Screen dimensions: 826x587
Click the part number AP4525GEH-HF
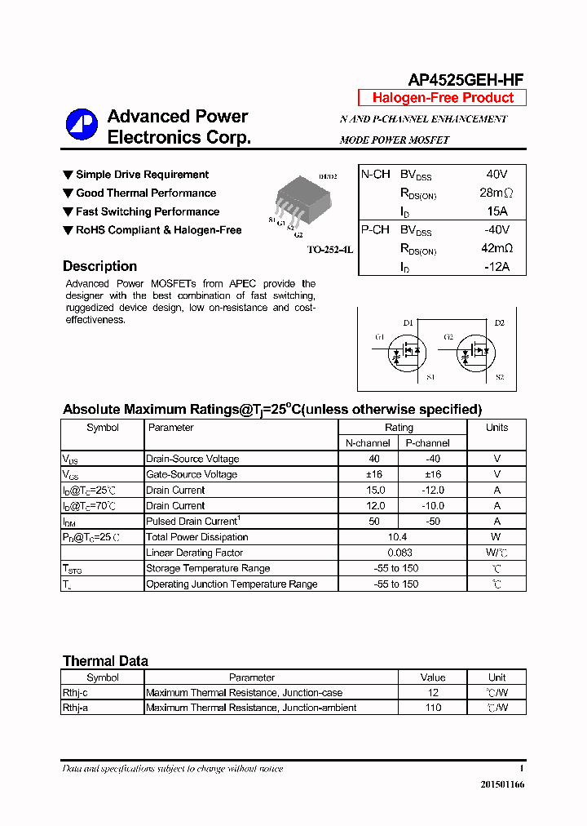pos(466,79)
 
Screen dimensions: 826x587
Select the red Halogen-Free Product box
pos(443,98)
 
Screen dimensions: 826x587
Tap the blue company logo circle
pos(82,124)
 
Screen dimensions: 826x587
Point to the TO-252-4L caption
pos(329,250)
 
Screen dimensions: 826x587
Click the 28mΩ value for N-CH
pos(496,193)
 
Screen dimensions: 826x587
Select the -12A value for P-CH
pos(496,267)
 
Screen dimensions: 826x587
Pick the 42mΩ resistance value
pos(496,248)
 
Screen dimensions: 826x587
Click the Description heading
pos(99,266)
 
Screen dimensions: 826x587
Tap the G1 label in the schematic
pos(379,337)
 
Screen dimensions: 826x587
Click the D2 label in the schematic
pos(499,323)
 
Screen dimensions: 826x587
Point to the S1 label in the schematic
pos(430,377)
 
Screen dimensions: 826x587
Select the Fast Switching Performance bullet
pos(148,211)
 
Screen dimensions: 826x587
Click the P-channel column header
pos(427,443)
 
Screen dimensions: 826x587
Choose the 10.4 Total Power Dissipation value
pos(399,537)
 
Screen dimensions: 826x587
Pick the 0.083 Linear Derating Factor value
pos(399,553)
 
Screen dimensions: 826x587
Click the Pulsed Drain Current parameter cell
pos(192,522)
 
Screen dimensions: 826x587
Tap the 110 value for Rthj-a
pos(433,708)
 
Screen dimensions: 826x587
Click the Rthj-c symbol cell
pos(75,692)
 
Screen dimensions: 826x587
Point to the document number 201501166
pos(502,784)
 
